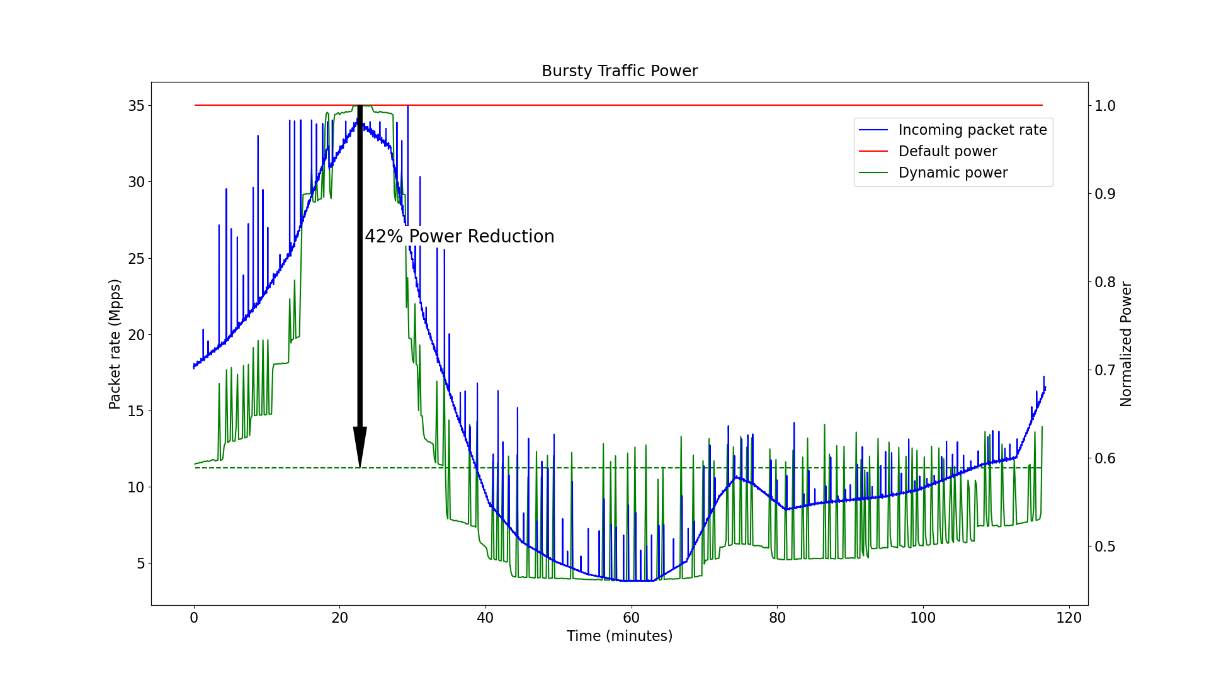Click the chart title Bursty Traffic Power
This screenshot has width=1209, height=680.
pyautogui.click(x=620, y=71)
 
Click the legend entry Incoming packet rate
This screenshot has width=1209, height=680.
pyautogui.click(x=972, y=130)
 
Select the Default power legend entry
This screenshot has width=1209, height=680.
pyautogui.click(x=947, y=152)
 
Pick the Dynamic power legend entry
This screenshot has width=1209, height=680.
pyautogui.click(x=953, y=173)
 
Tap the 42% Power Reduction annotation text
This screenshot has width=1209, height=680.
pyautogui.click(x=460, y=237)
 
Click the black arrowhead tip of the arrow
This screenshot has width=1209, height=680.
pyautogui.click(x=360, y=466)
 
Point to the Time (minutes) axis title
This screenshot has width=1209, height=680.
pyautogui.click(x=620, y=637)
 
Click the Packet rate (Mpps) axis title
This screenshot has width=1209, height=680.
pyautogui.click(x=115, y=344)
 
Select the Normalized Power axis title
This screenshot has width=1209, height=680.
pyautogui.click(x=1126, y=344)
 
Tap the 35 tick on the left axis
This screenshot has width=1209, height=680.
pyautogui.click(x=137, y=106)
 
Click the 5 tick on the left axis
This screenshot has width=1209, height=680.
pyautogui.click(x=140, y=564)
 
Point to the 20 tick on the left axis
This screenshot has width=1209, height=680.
pyautogui.click(x=137, y=335)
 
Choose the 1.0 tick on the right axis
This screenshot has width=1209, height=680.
pyautogui.click(x=1105, y=106)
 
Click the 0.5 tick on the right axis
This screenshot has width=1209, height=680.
pyautogui.click(x=1105, y=547)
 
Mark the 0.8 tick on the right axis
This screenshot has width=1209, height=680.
pyautogui.click(x=1105, y=282)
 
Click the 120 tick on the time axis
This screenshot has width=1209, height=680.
pyautogui.click(x=1069, y=618)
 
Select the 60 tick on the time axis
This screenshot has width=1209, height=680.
pyautogui.click(x=631, y=618)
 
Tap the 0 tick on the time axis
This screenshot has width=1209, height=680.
pyautogui.click(x=194, y=618)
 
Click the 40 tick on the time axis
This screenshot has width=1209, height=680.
pyautogui.click(x=485, y=618)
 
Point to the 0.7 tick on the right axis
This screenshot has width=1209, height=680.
pyautogui.click(x=1105, y=370)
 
